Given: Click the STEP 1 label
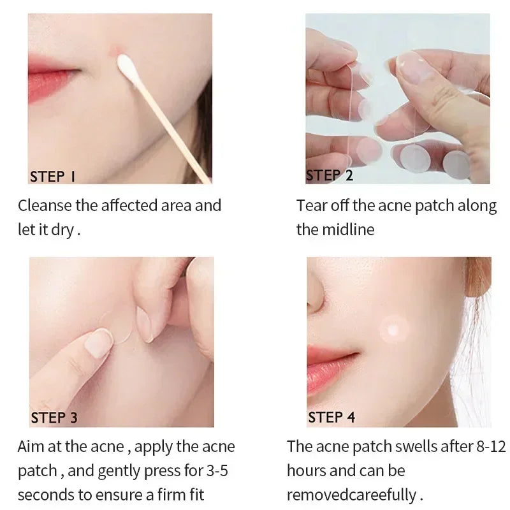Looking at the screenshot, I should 52,176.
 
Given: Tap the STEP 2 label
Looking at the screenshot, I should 330,175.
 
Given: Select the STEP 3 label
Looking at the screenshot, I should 54,418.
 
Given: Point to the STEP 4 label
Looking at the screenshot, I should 331,418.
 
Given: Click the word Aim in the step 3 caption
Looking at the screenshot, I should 30,446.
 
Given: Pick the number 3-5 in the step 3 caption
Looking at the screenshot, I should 219,470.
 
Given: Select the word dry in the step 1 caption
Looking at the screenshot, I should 63,229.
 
